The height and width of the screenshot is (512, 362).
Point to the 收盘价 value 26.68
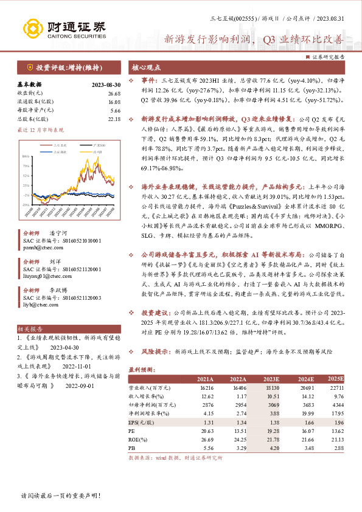tap(114, 93)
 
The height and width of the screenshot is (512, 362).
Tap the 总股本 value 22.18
tap(114, 119)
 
